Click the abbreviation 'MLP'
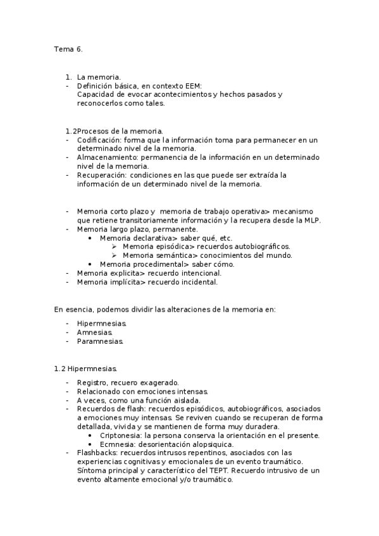point(310,220)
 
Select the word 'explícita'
point(123,273)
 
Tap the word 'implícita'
point(123,282)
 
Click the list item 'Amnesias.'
point(95,332)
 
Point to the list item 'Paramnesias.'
point(100,341)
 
